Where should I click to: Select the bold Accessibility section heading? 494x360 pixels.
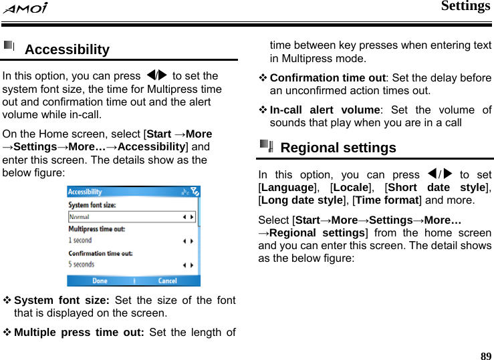[x=67, y=49]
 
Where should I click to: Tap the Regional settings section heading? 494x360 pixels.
[x=338, y=148]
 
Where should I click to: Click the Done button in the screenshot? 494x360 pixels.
[x=100, y=281]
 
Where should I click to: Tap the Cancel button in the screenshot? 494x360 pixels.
[x=167, y=281]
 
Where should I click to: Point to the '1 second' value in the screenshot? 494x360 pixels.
[x=80, y=240]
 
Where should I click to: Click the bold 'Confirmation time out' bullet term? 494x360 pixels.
[x=328, y=77]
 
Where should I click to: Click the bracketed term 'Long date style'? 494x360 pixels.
[x=303, y=200]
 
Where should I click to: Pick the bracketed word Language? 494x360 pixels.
[x=289, y=188]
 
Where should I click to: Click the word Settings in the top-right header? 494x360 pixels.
[x=465, y=7]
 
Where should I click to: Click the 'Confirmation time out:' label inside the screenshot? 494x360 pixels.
[x=100, y=254]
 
